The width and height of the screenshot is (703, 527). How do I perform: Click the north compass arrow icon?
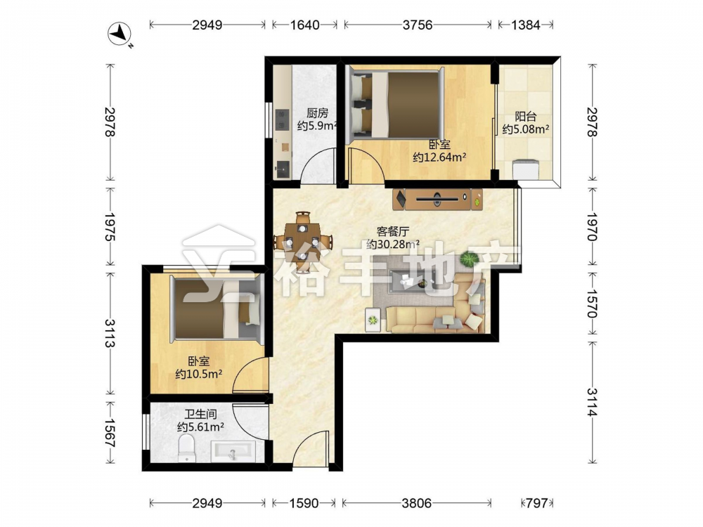[x=120, y=34]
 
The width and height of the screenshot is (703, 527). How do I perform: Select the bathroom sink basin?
[x=233, y=452]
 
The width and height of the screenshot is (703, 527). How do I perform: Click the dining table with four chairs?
[x=303, y=236]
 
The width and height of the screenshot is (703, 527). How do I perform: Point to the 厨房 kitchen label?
[x=317, y=113]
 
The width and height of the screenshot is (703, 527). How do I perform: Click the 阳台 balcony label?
[x=525, y=117]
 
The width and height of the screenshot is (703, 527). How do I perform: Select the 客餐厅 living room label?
[x=393, y=232]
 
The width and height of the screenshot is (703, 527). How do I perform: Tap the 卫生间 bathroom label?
[x=200, y=415]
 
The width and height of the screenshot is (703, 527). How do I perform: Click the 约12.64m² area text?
[x=439, y=157]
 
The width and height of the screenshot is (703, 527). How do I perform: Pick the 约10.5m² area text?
[x=199, y=374]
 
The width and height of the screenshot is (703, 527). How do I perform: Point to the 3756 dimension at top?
[x=418, y=25]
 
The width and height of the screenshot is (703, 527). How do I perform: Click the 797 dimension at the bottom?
[x=536, y=503]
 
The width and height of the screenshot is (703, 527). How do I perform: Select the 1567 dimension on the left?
[x=110, y=432]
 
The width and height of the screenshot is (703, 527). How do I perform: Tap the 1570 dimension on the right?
[x=592, y=304]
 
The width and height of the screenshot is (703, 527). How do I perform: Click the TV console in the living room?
[x=437, y=199]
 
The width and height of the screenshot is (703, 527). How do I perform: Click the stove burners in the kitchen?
[x=281, y=119]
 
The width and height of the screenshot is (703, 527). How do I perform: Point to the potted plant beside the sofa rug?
[x=470, y=259]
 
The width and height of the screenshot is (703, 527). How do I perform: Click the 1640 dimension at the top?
[x=305, y=25]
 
